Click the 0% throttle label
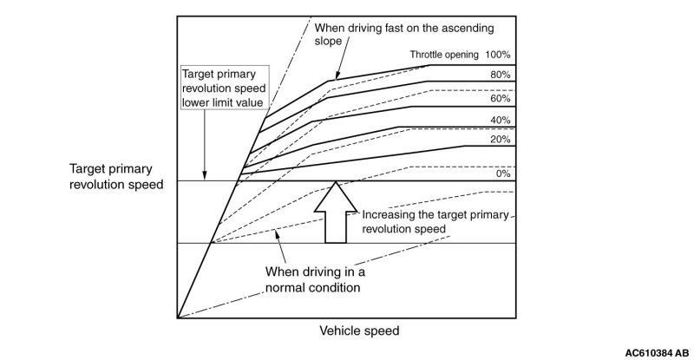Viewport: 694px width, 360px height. coord(504,173)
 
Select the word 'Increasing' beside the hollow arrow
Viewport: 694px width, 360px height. coord(388,215)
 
